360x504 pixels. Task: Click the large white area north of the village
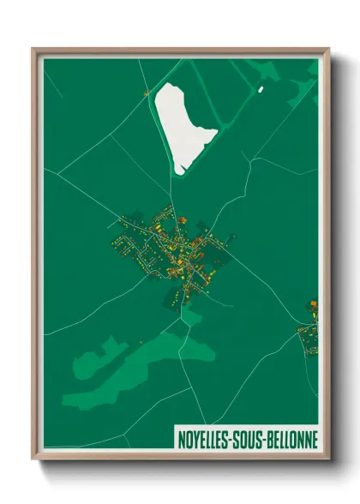click(x=183, y=120)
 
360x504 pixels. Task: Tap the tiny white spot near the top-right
click(x=261, y=88)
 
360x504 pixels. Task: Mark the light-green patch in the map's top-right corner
click(x=304, y=86)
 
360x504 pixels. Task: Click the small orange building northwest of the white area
click(x=147, y=92)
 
